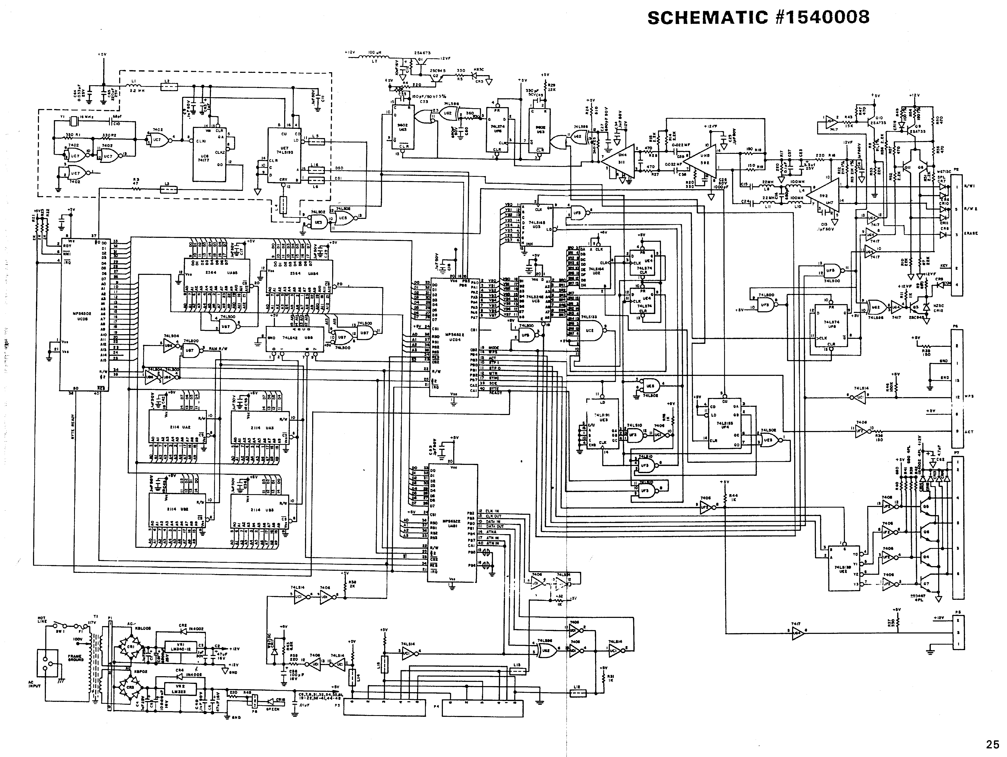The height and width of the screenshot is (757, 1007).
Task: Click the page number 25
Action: click(992, 745)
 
